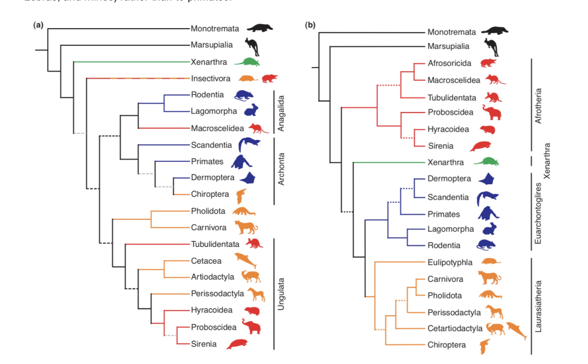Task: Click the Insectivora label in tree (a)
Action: tap(210, 78)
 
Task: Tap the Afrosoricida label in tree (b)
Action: tap(449, 63)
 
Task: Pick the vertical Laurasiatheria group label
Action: tap(538, 306)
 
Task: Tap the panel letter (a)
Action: tap(38, 25)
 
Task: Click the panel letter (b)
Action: tap(310, 25)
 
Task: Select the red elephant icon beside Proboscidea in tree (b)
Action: tap(492, 112)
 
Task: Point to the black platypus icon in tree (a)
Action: tap(259, 28)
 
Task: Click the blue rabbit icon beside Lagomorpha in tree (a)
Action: tap(251, 110)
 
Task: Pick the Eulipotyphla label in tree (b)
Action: tap(450, 262)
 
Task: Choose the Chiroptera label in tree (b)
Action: tap(447, 345)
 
